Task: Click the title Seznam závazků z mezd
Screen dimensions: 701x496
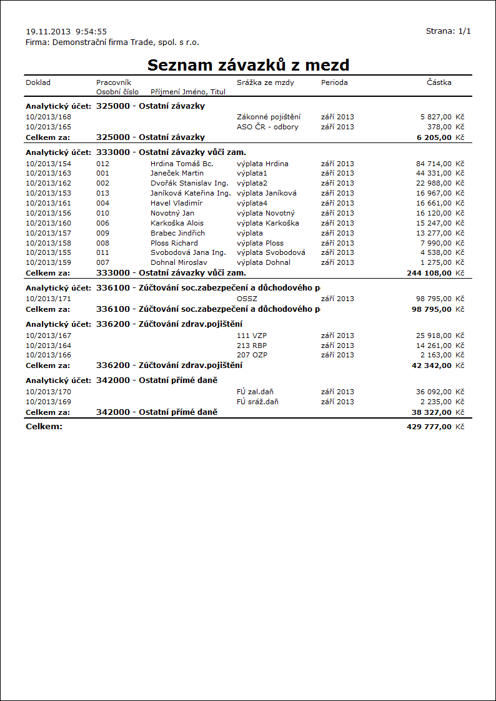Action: [x=248, y=65]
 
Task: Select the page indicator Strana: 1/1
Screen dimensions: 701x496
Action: [x=448, y=31]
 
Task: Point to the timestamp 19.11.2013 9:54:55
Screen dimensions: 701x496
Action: [x=66, y=31]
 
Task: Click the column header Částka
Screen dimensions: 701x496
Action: [x=439, y=82]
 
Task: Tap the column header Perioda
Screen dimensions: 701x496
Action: [x=334, y=82]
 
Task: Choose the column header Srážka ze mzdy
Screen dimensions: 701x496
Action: [x=265, y=82]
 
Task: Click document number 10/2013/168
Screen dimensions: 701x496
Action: [x=49, y=117]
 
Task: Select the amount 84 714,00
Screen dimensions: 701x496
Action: [x=434, y=163]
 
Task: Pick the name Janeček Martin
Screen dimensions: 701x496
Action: [x=177, y=173]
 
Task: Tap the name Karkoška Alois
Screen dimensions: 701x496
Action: [x=177, y=223]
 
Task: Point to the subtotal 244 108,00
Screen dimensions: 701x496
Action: [x=429, y=273]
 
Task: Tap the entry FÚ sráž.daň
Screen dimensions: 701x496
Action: [x=257, y=402]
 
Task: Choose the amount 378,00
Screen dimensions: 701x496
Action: [x=439, y=127]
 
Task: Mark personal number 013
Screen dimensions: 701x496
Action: [x=102, y=193]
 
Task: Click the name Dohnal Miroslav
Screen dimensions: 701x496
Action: [x=179, y=263]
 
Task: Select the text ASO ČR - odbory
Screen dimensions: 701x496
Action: [x=267, y=127]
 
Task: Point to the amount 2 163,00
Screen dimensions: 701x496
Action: [x=435, y=355]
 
